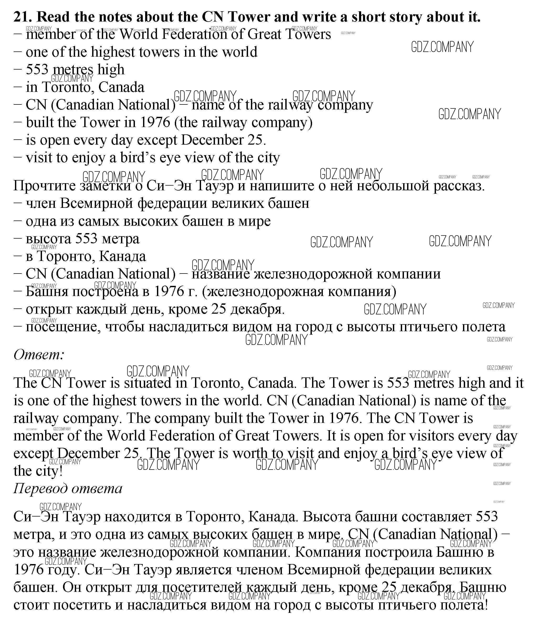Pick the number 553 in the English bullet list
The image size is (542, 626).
tap(37, 70)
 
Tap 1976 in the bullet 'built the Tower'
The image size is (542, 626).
tap(155, 123)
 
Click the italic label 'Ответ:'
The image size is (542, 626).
tap(39, 354)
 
